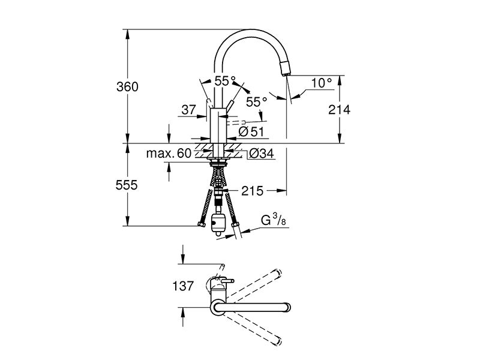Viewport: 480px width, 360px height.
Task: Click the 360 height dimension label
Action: [127, 87]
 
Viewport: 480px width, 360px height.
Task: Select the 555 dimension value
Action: [127, 185]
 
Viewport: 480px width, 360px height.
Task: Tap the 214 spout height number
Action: [339, 110]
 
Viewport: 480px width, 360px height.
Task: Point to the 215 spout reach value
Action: [252, 191]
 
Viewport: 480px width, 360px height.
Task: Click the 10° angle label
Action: [322, 83]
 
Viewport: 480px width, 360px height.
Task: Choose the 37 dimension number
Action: [188, 110]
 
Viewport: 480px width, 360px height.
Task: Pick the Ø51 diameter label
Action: [251, 132]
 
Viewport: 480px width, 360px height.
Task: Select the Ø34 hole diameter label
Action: [262, 154]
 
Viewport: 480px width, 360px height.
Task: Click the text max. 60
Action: [169, 154]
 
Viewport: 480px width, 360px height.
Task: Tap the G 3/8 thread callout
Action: [274, 220]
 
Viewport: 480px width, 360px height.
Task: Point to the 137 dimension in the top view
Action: [183, 286]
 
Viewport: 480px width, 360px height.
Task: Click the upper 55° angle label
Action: [225, 81]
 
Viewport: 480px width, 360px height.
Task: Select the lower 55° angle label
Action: [257, 102]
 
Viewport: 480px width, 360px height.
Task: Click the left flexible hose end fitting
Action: [201, 224]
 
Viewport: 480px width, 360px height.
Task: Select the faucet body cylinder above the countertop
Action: [218, 125]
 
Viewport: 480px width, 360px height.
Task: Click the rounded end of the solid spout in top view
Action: [288, 307]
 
